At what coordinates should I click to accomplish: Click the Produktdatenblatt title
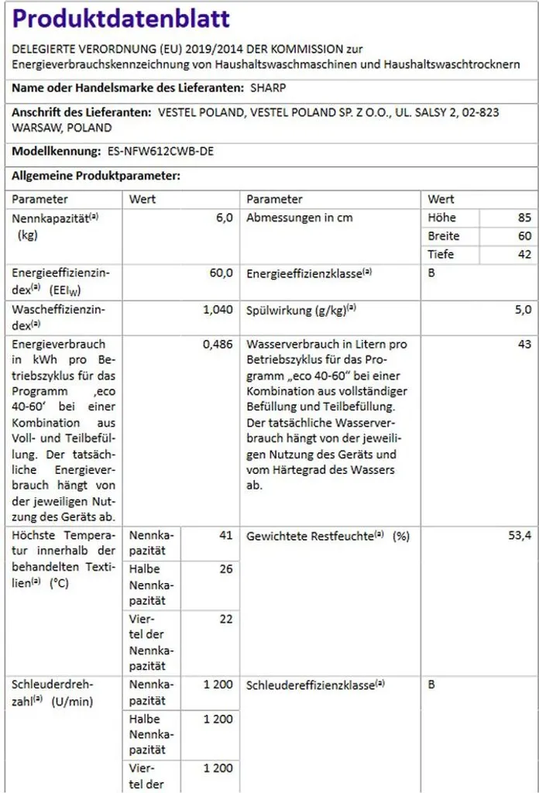(x=122, y=19)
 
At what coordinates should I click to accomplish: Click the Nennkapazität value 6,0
(x=224, y=218)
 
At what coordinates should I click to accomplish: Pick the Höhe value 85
(x=524, y=218)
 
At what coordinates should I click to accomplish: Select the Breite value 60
(x=524, y=236)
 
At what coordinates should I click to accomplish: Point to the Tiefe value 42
(x=524, y=254)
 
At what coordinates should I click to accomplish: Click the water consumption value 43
(x=524, y=345)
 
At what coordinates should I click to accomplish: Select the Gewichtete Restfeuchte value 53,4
(x=520, y=536)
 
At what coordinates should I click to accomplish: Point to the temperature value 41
(x=225, y=536)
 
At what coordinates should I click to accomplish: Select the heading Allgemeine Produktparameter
(x=95, y=177)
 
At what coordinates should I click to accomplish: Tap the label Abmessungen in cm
(x=299, y=218)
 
